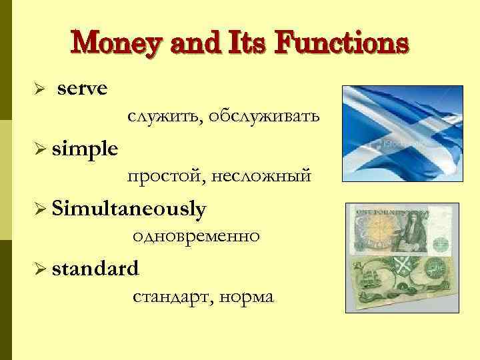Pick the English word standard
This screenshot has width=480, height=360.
[95, 269]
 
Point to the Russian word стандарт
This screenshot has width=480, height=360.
[170, 297]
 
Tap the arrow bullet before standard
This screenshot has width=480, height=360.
[39, 269]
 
